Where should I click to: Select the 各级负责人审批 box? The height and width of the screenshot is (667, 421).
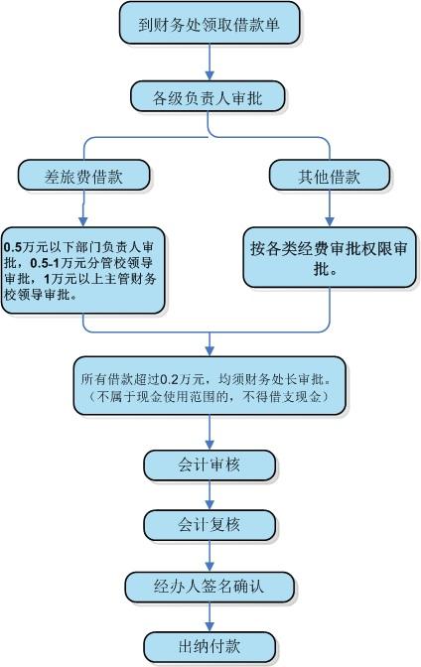[209, 96]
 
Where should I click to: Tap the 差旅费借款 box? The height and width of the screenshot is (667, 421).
[83, 177]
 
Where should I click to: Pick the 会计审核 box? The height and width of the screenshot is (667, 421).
[210, 465]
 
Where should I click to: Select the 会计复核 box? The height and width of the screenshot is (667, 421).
[210, 523]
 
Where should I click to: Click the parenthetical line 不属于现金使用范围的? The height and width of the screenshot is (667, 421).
[209, 397]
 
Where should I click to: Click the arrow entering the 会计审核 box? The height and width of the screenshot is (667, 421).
[210, 433]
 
